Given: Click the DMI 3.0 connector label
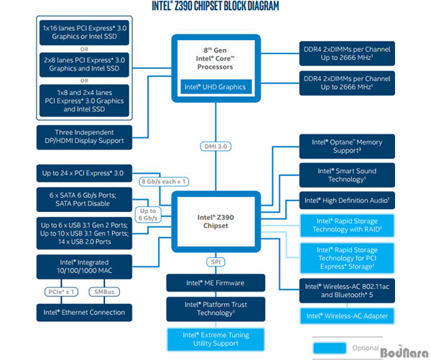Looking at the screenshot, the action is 215,147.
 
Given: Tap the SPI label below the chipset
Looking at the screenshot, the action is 215,262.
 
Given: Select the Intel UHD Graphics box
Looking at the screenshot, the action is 215,87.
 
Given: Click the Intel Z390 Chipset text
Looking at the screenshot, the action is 215,221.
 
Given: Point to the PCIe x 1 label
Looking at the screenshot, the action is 61,292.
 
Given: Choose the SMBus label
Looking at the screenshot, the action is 104,292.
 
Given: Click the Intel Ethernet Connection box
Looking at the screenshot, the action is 84,313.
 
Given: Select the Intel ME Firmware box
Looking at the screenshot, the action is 215,282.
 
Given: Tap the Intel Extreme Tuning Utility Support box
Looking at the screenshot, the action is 215,339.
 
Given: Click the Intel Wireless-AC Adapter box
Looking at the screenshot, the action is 347,316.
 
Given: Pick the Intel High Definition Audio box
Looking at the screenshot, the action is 347,200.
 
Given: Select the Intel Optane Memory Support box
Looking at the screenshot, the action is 347,147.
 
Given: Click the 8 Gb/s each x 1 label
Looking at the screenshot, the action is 164,182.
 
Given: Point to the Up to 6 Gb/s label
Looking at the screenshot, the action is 148,215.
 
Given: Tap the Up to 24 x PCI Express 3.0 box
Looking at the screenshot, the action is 84,173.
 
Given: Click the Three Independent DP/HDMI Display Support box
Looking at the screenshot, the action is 84,137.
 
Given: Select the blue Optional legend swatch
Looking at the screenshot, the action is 330,348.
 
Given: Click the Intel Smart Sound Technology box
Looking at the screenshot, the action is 347,175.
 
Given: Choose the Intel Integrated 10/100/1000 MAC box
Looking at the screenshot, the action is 84,267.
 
